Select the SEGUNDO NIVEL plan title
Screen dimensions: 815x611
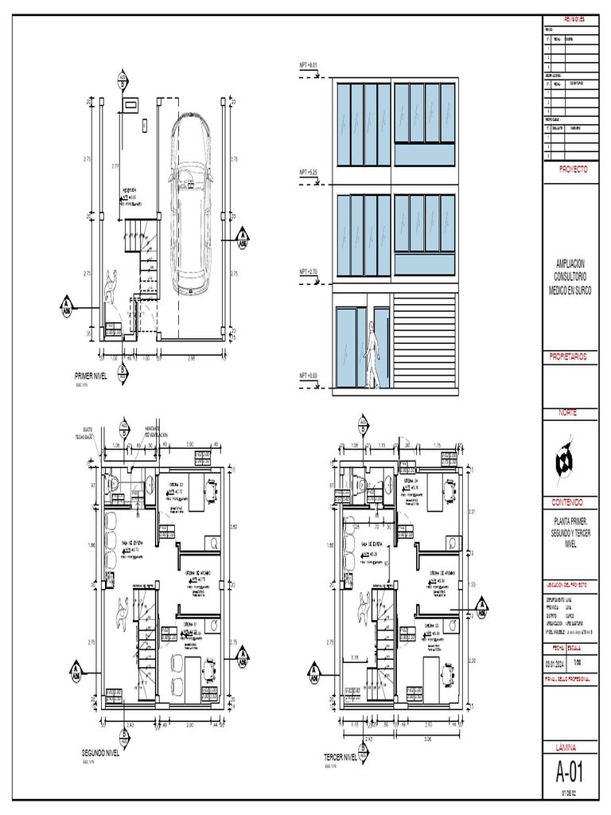pos(100,752)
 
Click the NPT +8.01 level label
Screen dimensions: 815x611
pos(308,64)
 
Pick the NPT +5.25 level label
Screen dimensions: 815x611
pos(308,172)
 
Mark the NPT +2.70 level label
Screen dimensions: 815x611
pos(308,271)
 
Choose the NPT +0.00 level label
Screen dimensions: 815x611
pos(308,375)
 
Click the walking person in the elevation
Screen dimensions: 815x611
pos(372,354)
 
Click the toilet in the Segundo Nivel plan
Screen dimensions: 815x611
pos(114,482)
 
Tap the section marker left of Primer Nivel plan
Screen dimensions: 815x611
pos(67,307)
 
